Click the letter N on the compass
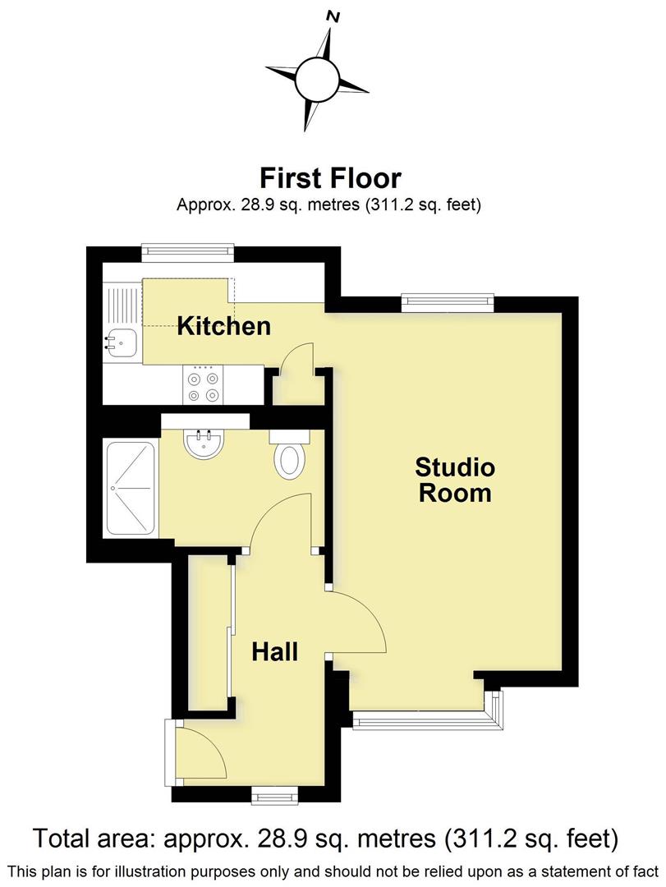[x=333, y=16]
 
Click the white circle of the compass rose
[x=316, y=79]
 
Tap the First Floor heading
[x=330, y=177]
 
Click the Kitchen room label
[x=224, y=326]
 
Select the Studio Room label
[x=455, y=480]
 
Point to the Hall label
[x=274, y=652]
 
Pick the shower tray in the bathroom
[x=130, y=490]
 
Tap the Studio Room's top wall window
[x=448, y=302]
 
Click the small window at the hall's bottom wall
[x=274, y=794]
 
